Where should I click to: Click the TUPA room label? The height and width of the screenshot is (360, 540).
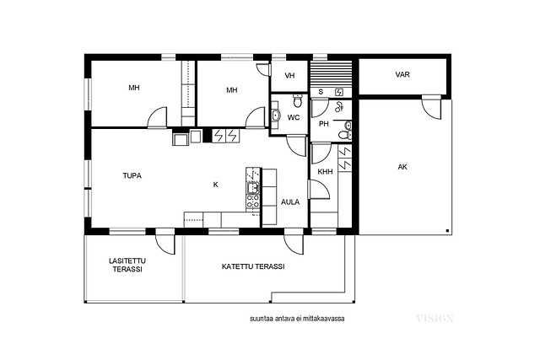coord(132,176)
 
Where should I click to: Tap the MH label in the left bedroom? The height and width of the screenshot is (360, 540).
coord(134,88)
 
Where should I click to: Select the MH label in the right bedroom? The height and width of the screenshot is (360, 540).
coord(232,90)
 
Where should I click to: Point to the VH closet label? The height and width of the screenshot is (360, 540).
coord(289,76)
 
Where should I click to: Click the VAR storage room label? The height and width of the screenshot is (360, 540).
coord(402,74)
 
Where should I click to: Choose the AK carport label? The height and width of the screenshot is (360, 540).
coord(402,167)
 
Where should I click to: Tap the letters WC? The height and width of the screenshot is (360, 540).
coord(294,118)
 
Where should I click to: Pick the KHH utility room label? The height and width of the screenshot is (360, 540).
coord(325,171)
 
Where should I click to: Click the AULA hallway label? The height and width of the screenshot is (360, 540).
coord(290,202)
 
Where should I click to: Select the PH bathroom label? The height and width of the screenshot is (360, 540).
coord(323,124)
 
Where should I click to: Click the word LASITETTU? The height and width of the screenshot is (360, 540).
coord(127,261)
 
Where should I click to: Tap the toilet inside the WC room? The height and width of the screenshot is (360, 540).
coord(298,100)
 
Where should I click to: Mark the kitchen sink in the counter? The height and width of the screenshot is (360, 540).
coord(253,187)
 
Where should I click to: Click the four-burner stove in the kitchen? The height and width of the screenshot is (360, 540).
coord(253,201)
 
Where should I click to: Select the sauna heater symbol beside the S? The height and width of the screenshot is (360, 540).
coord(339,92)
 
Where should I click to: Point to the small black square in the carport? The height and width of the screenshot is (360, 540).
coord(447,230)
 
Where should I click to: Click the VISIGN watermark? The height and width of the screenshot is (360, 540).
coord(435,319)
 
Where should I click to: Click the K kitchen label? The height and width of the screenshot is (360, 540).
coord(216,185)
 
